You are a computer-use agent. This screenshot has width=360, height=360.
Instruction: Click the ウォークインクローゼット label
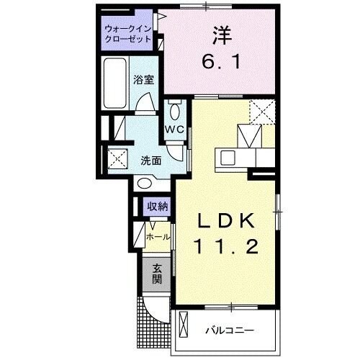click(127, 34)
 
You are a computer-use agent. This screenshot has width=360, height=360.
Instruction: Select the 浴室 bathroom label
click(143, 80)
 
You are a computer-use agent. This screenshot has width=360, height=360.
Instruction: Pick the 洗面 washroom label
click(150, 161)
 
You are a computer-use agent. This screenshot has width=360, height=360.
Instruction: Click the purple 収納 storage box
click(158, 207)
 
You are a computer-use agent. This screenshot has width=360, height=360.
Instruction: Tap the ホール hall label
click(158, 235)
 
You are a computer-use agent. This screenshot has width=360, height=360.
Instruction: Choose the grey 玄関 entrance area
click(157, 274)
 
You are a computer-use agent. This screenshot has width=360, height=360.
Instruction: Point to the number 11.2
click(224, 248)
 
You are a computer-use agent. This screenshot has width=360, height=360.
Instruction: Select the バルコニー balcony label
click(230, 330)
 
